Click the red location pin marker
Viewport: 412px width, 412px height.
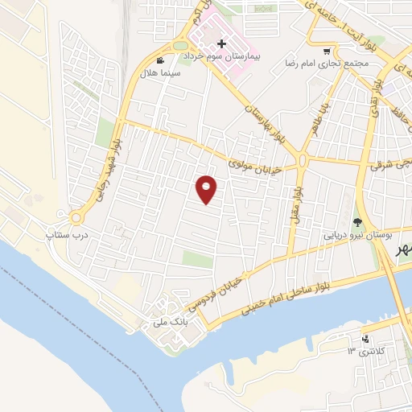click(x=207, y=190)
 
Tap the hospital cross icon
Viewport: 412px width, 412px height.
click(x=222, y=43)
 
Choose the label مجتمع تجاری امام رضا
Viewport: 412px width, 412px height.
click(x=327, y=62)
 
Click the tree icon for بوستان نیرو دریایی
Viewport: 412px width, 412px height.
click(x=358, y=222)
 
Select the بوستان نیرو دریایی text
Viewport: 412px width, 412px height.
click(x=356, y=237)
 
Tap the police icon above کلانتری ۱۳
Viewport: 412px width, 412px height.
click(x=366, y=338)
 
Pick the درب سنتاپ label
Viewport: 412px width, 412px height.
click(x=66, y=235)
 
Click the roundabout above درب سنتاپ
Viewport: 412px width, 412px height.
click(x=77, y=217)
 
